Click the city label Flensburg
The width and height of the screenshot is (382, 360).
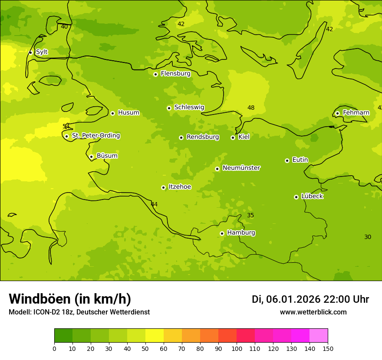click(175, 74)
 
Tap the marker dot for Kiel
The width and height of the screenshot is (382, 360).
click(233, 137)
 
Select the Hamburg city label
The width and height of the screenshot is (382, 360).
click(241, 233)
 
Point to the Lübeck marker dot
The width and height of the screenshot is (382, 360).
click(296, 197)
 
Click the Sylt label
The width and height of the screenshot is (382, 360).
click(42, 52)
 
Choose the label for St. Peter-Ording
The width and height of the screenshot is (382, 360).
click(96, 136)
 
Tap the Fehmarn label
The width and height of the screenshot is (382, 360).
click(356, 113)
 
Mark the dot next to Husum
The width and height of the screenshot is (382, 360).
click(112, 113)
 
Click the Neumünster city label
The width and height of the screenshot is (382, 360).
click(241, 168)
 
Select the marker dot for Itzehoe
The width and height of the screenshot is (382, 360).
click(163, 188)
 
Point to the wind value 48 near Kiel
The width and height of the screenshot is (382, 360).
click(251, 108)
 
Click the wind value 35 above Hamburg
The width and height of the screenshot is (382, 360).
click(250, 216)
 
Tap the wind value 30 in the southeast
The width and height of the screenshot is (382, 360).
click(368, 237)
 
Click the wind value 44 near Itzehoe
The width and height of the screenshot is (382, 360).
click(154, 204)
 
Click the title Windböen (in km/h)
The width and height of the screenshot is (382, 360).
click(70, 299)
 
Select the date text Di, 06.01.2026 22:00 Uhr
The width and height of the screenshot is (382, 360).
click(310, 299)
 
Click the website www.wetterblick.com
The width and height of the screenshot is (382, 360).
click(313, 312)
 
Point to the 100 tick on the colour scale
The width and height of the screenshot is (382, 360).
click(237, 348)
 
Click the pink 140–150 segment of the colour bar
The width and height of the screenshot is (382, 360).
click(319, 336)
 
